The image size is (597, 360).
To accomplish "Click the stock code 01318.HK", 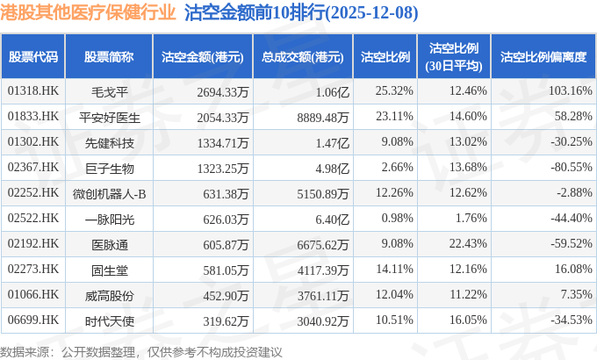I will pyautogui.click(x=32, y=90).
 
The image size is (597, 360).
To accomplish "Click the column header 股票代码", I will pyautogui.click(x=33, y=57).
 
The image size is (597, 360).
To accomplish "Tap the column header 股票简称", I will pyautogui.click(x=109, y=57).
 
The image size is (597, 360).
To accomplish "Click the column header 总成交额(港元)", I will pyautogui.click(x=302, y=57).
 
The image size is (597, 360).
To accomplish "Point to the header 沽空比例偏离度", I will pyautogui.click(x=543, y=57).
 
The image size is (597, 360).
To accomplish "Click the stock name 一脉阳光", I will pyautogui.click(x=109, y=218).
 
